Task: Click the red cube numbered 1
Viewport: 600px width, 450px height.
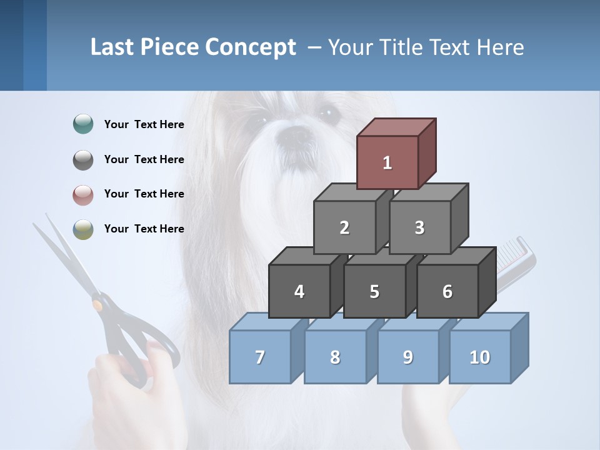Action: pyautogui.click(x=387, y=162)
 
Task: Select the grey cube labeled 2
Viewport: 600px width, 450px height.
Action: pyautogui.click(x=344, y=227)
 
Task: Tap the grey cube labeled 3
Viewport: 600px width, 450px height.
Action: pyautogui.click(x=419, y=227)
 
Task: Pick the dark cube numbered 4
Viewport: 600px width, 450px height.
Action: pyautogui.click(x=299, y=291)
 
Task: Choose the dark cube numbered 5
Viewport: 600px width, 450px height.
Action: pyautogui.click(x=374, y=291)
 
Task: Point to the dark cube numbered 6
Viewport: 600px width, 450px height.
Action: pyautogui.click(x=447, y=291)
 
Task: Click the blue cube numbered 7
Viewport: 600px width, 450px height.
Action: pyautogui.click(x=260, y=357)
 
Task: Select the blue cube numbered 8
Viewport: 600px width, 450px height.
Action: pyautogui.click(x=335, y=357)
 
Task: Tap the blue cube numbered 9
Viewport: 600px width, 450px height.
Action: pyautogui.click(x=407, y=357)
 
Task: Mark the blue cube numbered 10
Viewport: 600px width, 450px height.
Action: pyautogui.click(x=480, y=357)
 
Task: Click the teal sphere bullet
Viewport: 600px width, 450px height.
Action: pyautogui.click(x=83, y=124)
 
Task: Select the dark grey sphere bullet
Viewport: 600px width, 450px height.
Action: pyautogui.click(x=83, y=159)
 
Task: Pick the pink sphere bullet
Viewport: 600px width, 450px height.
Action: pyautogui.click(x=83, y=194)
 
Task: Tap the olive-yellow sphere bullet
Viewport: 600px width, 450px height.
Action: pyautogui.click(x=83, y=229)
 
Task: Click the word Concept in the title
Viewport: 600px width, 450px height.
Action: pyautogui.click(x=251, y=47)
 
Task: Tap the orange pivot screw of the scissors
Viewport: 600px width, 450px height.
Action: pyautogui.click(x=97, y=305)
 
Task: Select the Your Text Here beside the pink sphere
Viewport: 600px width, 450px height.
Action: pyautogui.click(x=144, y=194)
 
